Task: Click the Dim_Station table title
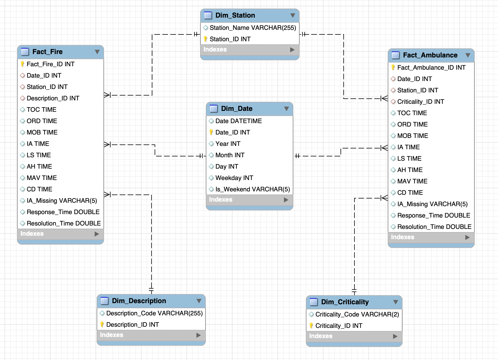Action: pos(235,15)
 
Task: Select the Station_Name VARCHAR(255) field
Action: pos(253,28)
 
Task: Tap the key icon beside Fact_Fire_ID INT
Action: pos(22,64)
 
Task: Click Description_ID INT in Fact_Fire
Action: pos(53,98)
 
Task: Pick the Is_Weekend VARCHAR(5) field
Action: pos(252,189)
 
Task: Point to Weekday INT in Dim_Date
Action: pos(234,178)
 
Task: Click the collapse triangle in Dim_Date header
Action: pos(286,109)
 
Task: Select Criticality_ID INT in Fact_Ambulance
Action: pos(420,102)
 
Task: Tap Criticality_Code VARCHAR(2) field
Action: pos(357,315)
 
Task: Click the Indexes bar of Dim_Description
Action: pos(148,335)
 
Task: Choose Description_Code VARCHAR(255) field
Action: pos(154,313)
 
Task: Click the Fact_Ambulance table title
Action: pos(430,55)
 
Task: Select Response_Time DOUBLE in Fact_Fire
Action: pos(63,212)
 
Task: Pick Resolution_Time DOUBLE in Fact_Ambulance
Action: pos(434,227)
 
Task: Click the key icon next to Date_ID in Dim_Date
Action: pos(211,132)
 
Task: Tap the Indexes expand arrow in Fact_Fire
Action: pos(97,234)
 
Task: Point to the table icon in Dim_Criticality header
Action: pos(314,302)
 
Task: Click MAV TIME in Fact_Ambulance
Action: pos(412,181)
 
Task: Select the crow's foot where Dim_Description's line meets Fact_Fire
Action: pos(107,195)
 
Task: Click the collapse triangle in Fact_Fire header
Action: pos(97,52)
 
